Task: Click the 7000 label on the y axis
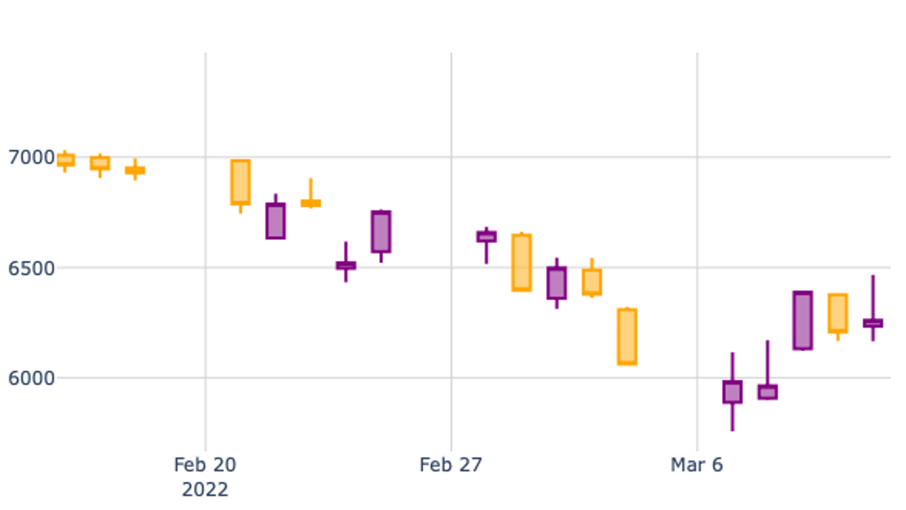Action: (x=32, y=157)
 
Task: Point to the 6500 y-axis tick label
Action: (x=32, y=268)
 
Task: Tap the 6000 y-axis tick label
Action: (x=32, y=378)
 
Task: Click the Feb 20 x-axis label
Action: (x=205, y=465)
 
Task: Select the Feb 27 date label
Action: (x=451, y=465)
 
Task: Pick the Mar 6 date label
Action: (x=696, y=465)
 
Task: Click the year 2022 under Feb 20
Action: (x=205, y=490)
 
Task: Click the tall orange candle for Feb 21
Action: (x=240, y=182)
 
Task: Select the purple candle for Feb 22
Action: (x=276, y=221)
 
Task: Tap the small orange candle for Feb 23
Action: (x=310, y=203)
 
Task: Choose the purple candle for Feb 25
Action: (x=381, y=231)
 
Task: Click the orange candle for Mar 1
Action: (x=521, y=262)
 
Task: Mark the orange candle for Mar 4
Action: (x=627, y=336)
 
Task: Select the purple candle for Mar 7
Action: (x=732, y=392)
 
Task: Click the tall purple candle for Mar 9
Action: (x=803, y=321)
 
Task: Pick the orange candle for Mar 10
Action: (x=838, y=313)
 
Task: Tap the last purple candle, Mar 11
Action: (x=873, y=323)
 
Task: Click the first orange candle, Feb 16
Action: (x=66, y=160)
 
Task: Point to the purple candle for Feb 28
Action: (x=486, y=236)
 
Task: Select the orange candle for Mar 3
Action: (x=592, y=282)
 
